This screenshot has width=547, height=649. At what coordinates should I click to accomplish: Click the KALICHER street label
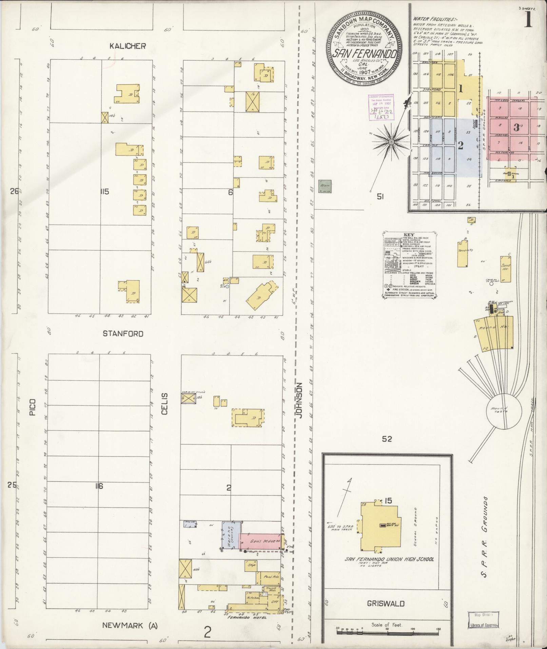pyautogui.click(x=128, y=46)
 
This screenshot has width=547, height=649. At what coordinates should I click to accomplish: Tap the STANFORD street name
pyautogui.click(x=123, y=333)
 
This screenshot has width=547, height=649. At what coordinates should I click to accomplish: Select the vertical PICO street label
pyautogui.click(x=33, y=407)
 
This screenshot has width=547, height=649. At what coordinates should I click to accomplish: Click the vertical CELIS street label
pyautogui.click(x=165, y=404)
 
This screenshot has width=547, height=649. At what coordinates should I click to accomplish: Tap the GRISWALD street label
pyautogui.click(x=386, y=604)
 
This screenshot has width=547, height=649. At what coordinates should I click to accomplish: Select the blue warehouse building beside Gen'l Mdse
pyautogui.click(x=231, y=540)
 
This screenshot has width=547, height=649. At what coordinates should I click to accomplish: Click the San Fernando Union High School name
pyautogui.click(x=389, y=559)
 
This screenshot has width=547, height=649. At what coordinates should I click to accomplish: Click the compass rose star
pyautogui.click(x=391, y=141)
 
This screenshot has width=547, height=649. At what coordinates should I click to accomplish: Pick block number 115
pyautogui.click(x=104, y=192)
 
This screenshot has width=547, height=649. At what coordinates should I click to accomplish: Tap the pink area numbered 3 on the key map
pyautogui.click(x=516, y=128)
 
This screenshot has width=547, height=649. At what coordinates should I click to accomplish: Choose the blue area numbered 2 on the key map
pyautogui.click(x=460, y=145)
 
